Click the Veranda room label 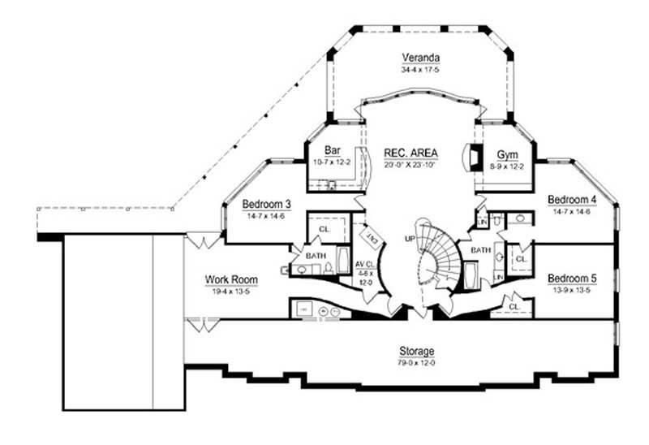click(420, 58)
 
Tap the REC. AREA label click(411, 153)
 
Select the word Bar click(331, 150)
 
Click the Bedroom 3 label click(267, 204)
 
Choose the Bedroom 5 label click(571, 278)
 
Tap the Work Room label click(231, 280)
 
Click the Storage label click(416, 351)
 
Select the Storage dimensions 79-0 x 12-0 click(416, 362)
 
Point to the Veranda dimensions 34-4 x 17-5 click(420, 70)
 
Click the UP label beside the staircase click(410, 239)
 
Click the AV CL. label click(364, 265)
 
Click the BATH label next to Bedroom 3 click(316, 254)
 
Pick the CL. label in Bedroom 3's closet click(324, 230)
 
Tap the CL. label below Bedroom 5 click(514, 306)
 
